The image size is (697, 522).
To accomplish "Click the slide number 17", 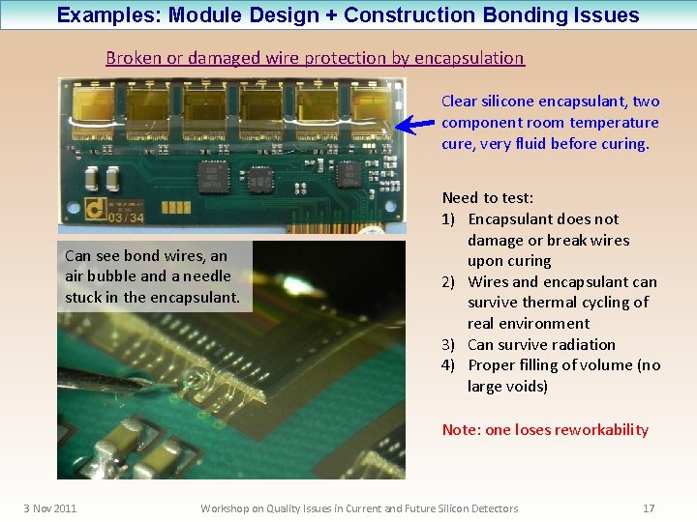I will coord(649,508).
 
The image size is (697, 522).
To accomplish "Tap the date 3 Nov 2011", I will coord(50,508).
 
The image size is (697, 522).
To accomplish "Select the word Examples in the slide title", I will coord(102,14).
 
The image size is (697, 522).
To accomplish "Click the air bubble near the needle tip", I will coord(197,378).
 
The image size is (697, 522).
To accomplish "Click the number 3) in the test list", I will coord(449,344).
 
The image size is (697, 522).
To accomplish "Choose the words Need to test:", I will coord(488,198).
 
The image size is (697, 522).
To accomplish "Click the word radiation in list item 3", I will coord(583,344).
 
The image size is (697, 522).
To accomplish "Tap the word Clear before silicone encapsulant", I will coord(460,101).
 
